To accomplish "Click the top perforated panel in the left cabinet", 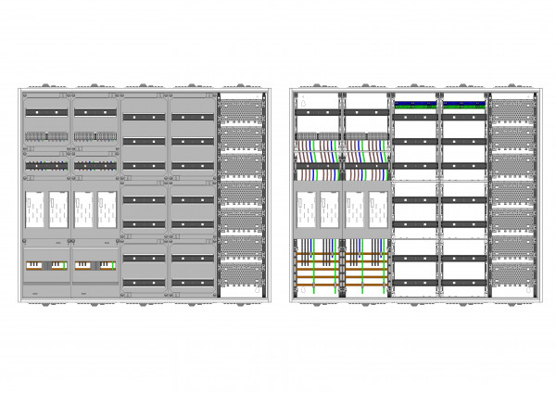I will click(243, 108).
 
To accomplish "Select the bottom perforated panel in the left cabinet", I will click(243, 276).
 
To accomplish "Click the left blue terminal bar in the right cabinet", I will click(415, 105).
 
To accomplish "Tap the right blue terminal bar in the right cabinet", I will click(463, 105).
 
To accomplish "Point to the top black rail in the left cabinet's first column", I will click(46, 112).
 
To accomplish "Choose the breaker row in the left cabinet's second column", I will click(95, 137).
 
